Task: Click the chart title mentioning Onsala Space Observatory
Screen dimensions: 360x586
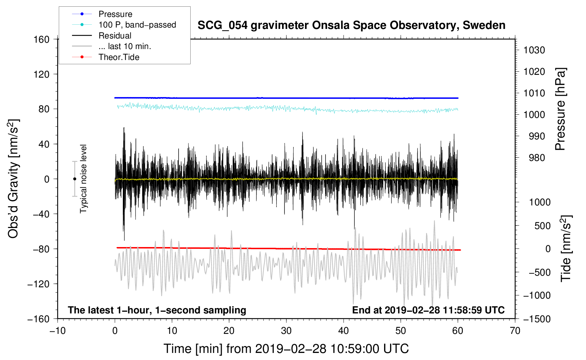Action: [x=351, y=25]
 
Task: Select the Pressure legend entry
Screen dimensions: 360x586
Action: [x=115, y=14]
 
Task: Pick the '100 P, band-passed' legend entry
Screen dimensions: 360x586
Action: [x=137, y=25]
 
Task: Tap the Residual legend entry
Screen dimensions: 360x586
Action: [x=115, y=36]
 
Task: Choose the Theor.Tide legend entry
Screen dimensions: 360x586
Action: [x=119, y=57]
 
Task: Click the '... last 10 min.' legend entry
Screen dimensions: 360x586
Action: [x=125, y=46]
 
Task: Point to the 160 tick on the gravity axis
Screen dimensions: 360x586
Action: [x=42, y=39]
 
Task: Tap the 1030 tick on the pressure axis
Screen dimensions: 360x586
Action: [x=534, y=50]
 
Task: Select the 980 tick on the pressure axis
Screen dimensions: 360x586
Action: [x=537, y=158]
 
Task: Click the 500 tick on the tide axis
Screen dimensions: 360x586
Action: [x=543, y=226]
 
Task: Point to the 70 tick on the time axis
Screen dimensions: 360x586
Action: [x=515, y=331]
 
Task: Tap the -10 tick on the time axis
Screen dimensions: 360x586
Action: [x=58, y=331]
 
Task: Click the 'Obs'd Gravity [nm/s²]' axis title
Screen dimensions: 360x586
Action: [x=13, y=179]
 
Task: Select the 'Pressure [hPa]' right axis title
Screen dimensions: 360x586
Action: [x=560, y=109]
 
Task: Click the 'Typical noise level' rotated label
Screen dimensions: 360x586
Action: [x=83, y=179]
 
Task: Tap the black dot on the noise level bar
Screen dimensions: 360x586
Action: [x=74, y=179]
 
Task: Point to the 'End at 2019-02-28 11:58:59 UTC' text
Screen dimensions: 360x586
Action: [x=428, y=310]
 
